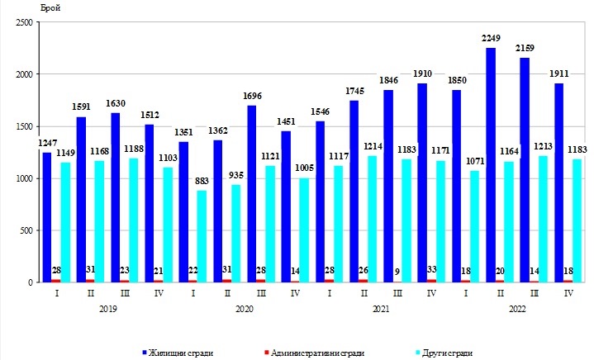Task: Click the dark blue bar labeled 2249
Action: tap(491, 165)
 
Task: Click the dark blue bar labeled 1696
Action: tap(252, 194)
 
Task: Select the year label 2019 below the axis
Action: tap(107, 309)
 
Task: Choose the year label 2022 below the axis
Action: tap(517, 309)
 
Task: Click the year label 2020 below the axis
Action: tap(244, 309)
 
